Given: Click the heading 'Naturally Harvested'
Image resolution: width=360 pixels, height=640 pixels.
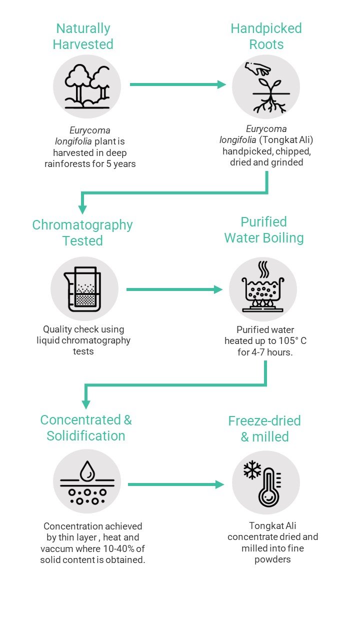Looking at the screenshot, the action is (x=83, y=36).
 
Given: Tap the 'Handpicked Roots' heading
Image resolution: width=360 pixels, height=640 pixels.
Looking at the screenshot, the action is (x=266, y=36).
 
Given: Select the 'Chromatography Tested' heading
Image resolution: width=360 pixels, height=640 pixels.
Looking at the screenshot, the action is (x=82, y=232).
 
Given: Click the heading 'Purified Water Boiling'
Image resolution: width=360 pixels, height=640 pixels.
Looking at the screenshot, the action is (x=264, y=229).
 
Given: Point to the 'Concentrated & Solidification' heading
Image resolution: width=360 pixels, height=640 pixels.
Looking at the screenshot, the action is (x=86, y=427).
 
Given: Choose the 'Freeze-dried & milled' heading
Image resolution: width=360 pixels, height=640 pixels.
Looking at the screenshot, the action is (x=264, y=428).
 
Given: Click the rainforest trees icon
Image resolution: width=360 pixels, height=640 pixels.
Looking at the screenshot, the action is (x=87, y=86).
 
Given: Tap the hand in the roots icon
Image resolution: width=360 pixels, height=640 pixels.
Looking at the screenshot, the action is (x=257, y=68).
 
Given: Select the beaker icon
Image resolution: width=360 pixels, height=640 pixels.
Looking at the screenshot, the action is (x=82, y=289).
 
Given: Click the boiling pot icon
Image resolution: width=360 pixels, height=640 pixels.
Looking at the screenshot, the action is (x=263, y=286).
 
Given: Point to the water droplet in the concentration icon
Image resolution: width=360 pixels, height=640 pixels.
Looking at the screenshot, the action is (x=87, y=470).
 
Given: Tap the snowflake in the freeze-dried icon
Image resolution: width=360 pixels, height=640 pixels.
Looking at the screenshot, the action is (x=252, y=469).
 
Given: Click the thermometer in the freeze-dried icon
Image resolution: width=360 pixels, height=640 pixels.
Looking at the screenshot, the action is (x=269, y=487).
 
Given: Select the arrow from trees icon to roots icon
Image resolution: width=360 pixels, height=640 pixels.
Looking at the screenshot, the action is (x=177, y=84).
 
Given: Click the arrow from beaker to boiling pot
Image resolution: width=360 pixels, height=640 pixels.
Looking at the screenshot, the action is (x=174, y=289).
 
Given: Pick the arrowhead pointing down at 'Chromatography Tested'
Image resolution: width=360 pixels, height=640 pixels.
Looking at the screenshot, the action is (x=82, y=209).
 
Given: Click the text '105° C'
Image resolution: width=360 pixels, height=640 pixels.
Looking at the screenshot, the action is (x=292, y=340).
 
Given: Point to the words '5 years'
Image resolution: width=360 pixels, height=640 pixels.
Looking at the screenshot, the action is (x=121, y=164).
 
